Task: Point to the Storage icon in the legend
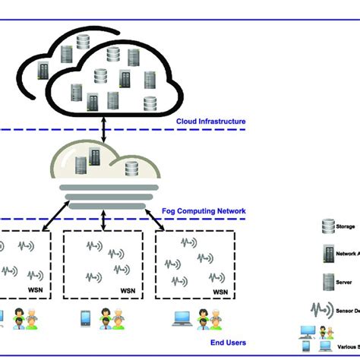(x=328, y=225)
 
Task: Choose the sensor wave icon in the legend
(x=329, y=310)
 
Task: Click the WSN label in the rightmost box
(x=219, y=292)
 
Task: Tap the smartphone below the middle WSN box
(x=86, y=317)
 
